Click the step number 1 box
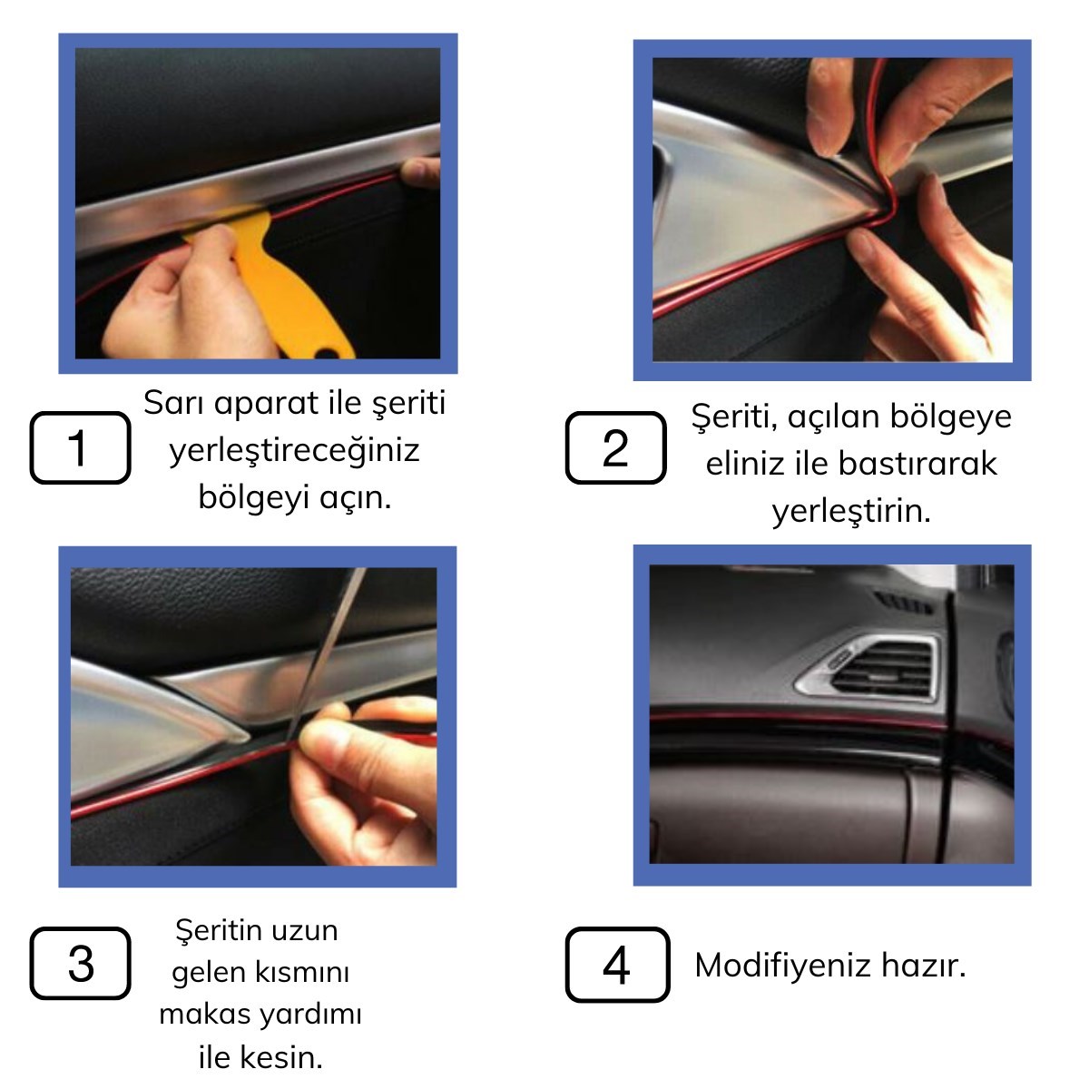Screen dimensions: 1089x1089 (80, 447)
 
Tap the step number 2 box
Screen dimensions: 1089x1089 (615, 447)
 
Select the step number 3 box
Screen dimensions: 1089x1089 (80, 963)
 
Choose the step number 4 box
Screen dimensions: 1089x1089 (617, 964)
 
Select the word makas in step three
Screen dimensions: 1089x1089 (196, 1014)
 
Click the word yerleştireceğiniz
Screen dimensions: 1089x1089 (294, 450)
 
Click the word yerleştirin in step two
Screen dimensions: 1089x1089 (851, 512)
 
